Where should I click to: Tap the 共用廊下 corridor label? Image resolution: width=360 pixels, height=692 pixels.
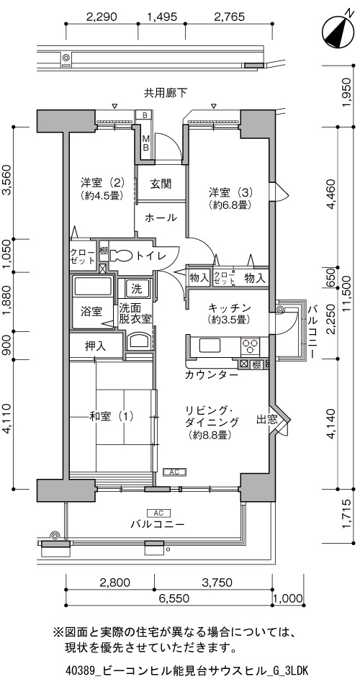click(165, 92)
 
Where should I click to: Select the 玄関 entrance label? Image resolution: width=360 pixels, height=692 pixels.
click(160, 183)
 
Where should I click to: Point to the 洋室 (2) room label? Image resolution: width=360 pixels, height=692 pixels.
click(102, 189)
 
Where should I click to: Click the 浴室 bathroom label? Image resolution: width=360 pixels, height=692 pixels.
click(91, 312)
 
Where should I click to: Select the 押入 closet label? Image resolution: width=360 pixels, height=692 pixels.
click(95, 346)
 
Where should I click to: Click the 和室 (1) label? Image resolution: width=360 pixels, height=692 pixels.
click(111, 415)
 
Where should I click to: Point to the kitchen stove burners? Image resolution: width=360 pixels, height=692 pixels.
click(251, 346)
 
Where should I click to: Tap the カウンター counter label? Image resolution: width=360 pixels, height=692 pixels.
click(212, 375)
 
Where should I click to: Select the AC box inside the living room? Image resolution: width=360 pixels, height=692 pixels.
click(175, 472)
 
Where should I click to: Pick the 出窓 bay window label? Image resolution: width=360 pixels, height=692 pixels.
click(267, 420)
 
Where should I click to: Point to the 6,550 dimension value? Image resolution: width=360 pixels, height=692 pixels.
click(171, 598)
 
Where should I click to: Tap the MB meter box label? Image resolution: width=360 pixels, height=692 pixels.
click(145, 143)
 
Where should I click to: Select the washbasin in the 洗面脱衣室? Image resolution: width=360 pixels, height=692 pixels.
click(138, 342)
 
